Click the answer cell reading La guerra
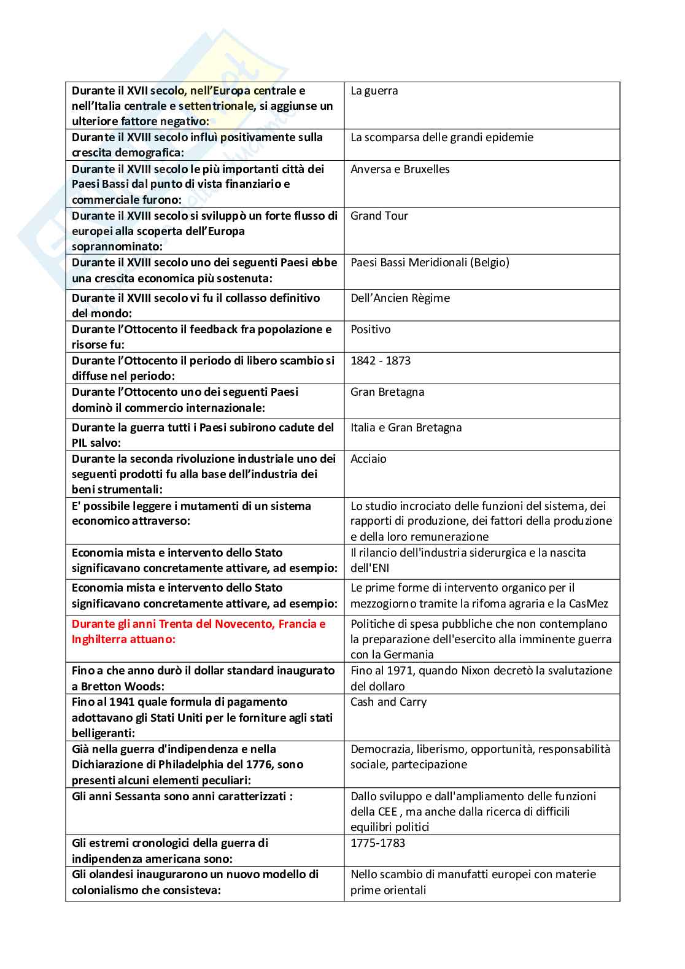click(374, 91)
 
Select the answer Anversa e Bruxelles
click(400, 169)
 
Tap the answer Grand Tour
click(379, 216)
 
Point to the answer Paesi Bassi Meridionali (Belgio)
click(430, 263)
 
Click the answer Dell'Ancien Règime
click(400, 298)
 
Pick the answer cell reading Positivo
click(370, 330)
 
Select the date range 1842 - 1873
click(380, 361)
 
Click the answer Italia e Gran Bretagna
click(406, 428)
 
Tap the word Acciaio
click(368, 459)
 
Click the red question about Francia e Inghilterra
click(198, 631)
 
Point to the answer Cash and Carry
click(388, 702)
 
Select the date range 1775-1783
click(377, 843)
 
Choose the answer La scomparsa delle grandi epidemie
click(441, 137)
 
